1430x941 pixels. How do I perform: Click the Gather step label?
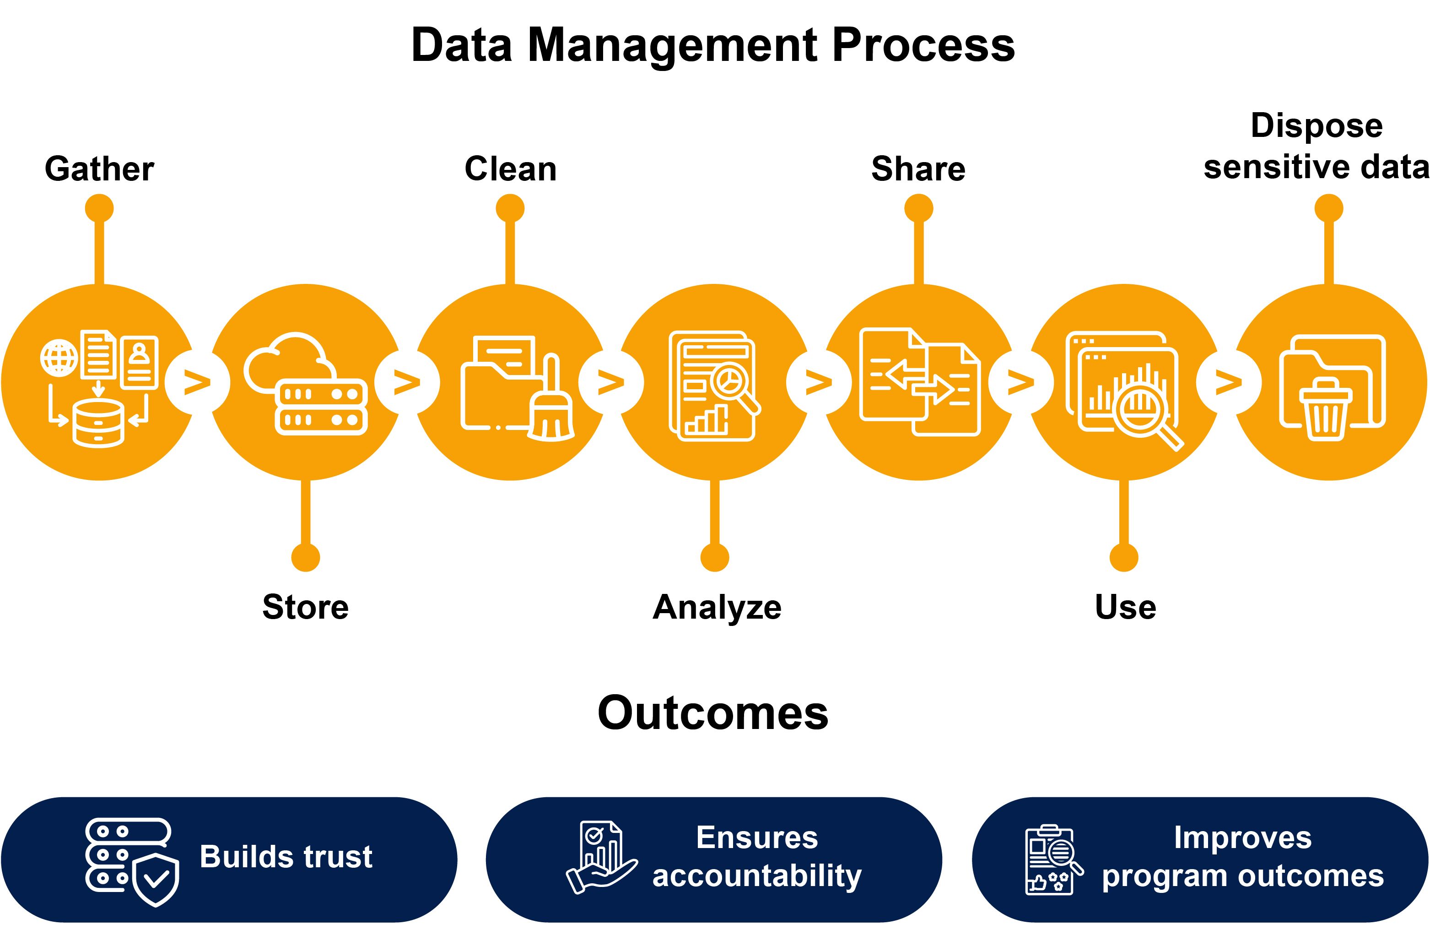[99, 169]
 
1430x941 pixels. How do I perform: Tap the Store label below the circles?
[305, 607]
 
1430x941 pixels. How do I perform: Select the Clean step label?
[510, 169]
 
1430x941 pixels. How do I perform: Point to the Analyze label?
[717, 607]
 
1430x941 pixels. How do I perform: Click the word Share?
[918, 169]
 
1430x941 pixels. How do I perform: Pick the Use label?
[1125, 607]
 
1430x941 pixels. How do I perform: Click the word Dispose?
[1317, 125]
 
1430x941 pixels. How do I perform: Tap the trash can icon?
[1325, 409]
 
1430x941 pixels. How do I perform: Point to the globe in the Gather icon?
[59, 359]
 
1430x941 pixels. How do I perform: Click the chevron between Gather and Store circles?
[197, 382]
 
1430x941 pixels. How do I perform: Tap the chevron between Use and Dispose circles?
[1228, 382]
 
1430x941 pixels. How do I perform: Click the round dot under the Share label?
[918, 209]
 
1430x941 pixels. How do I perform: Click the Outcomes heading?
[713, 713]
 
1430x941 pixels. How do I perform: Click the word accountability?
[757, 876]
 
